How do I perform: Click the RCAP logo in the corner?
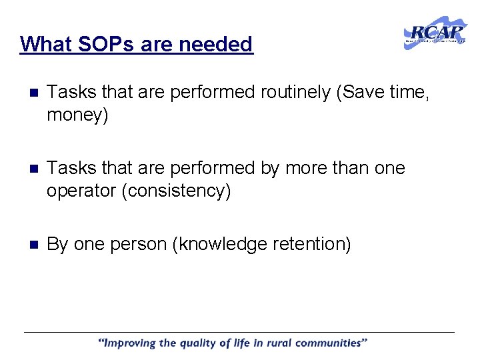pos(435,33)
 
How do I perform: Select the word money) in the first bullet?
pos(77,115)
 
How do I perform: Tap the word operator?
pos(81,191)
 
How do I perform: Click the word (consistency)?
pos(176,191)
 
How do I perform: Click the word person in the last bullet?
pos(136,244)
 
